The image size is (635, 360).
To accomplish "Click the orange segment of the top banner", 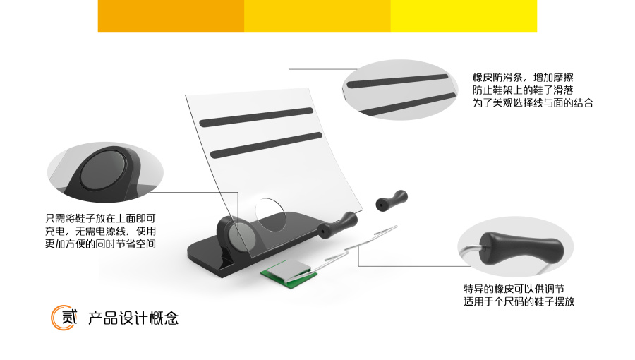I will click(x=171, y=16).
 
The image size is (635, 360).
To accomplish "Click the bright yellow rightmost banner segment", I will click(x=464, y=16).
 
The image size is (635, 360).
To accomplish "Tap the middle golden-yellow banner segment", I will click(x=317, y=16).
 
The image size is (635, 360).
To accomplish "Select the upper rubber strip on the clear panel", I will click(x=256, y=117).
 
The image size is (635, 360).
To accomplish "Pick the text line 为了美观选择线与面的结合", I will click(x=532, y=102).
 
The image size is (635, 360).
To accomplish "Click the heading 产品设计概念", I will click(x=133, y=318).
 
